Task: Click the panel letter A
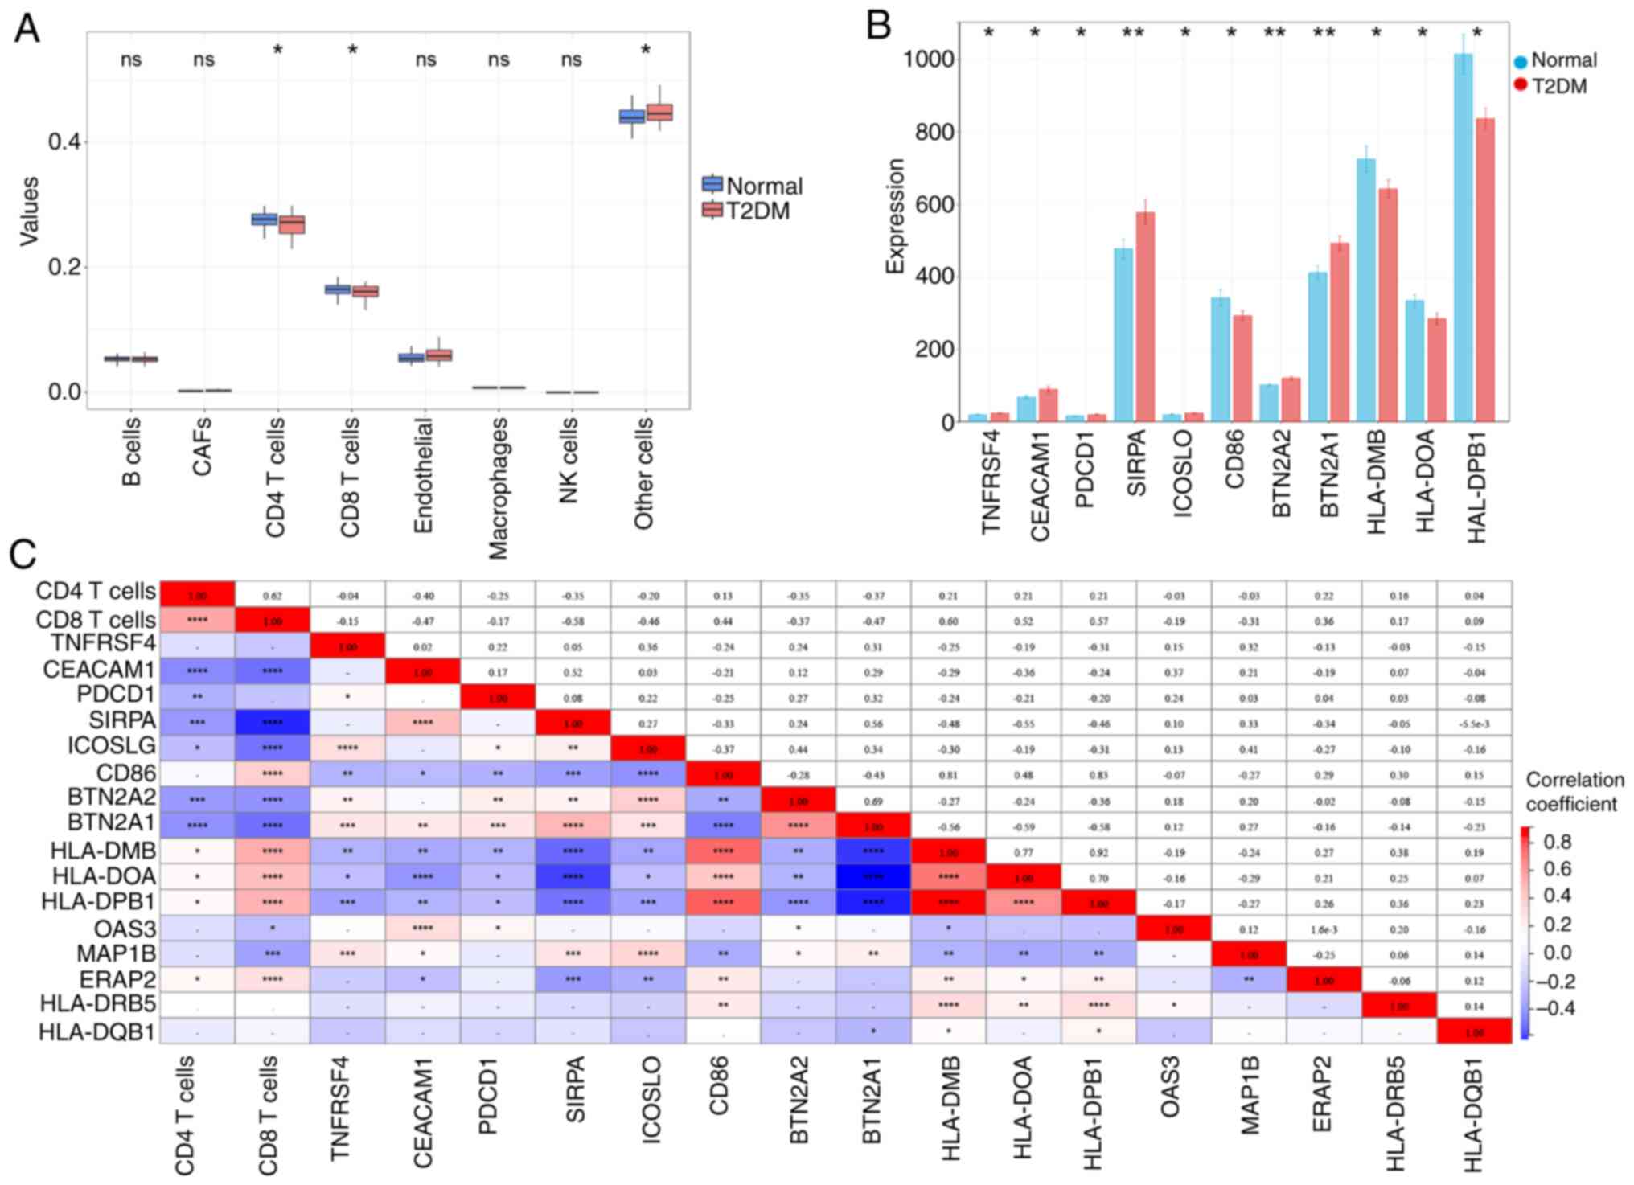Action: tap(27, 29)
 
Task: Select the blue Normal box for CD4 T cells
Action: tap(265, 219)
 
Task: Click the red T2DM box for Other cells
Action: tap(660, 112)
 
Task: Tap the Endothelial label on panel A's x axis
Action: tap(423, 475)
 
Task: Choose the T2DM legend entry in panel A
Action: tap(747, 211)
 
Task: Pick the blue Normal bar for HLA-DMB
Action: tap(1366, 290)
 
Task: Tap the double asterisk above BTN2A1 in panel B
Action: tap(1324, 34)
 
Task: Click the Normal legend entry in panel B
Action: tap(1554, 60)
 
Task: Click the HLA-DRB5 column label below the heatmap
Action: tap(1397, 1113)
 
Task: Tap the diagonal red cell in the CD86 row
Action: tap(723, 774)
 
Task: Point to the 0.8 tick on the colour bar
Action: tap(1557, 842)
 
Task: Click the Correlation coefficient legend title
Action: tap(1574, 792)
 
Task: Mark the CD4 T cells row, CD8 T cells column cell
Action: tap(272, 595)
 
